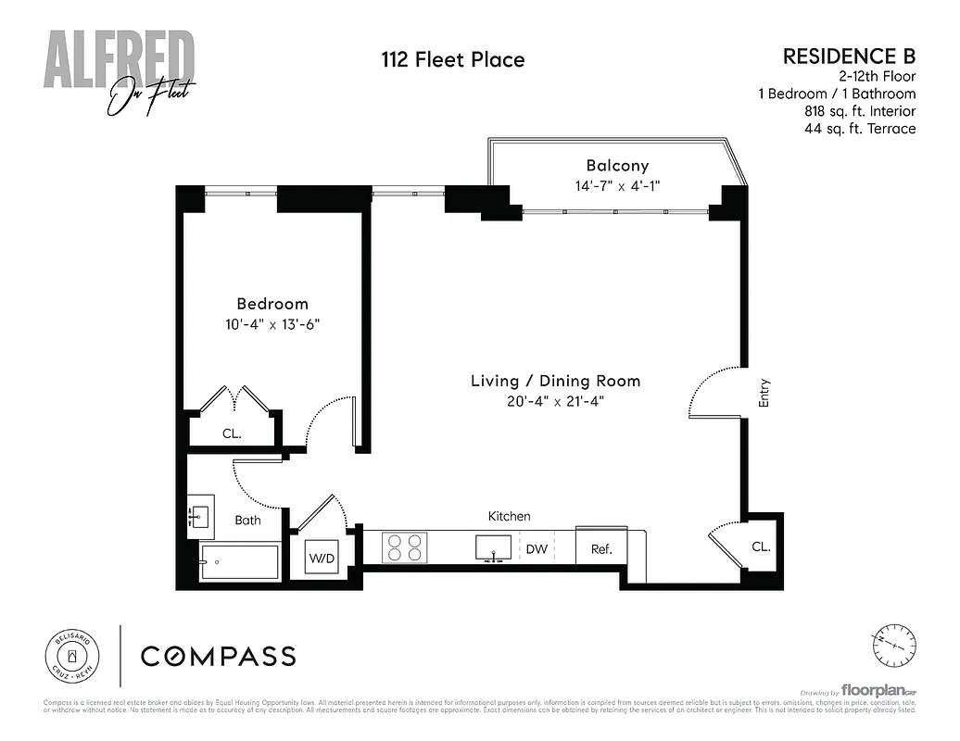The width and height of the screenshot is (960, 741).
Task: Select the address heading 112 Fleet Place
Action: tap(453, 60)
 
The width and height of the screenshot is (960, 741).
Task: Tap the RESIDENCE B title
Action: tap(849, 56)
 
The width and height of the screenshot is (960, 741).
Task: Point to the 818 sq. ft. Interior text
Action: tap(860, 111)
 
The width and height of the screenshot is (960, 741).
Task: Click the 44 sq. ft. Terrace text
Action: tap(860, 129)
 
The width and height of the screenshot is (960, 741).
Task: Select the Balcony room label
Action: tap(617, 166)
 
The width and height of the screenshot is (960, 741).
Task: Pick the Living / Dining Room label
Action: tap(555, 381)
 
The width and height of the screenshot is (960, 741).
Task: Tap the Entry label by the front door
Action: tap(764, 394)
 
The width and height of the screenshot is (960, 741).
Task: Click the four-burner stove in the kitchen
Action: tap(405, 547)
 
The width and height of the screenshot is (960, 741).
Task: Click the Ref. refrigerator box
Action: tap(601, 548)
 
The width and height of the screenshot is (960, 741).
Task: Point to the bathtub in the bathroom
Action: tap(240, 562)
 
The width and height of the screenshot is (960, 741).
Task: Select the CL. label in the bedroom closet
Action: tap(232, 433)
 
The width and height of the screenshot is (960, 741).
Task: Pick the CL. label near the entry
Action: tap(760, 547)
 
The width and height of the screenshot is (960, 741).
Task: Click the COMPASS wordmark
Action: tap(218, 657)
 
